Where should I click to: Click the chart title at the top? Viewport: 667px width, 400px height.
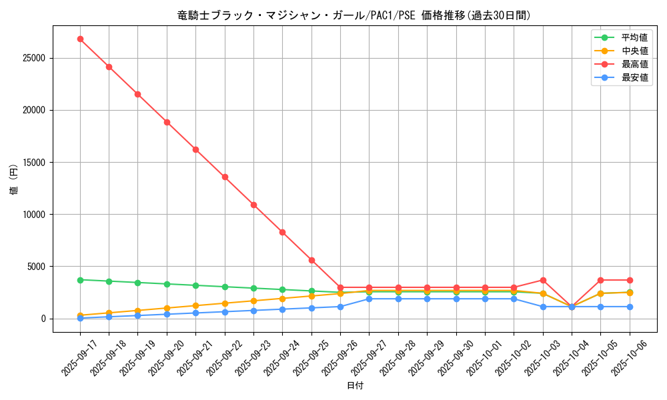click(x=354, y=15)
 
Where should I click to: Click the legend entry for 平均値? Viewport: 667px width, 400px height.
click(x=634, y=37)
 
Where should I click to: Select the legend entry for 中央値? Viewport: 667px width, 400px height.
click(x=634, y=51)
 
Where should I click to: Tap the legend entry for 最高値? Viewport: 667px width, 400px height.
click(x=634, y=64)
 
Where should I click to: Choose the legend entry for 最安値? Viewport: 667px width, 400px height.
click(x=634, y=77)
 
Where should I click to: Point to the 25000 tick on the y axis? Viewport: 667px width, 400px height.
click(x=33, y=58)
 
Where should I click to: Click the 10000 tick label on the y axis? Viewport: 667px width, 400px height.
click(x=33, y=215)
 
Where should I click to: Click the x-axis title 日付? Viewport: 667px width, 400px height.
click(x=354, y=386)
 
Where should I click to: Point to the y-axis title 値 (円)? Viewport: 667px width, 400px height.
click(x=14, y=180)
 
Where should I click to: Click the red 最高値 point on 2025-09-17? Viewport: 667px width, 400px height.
click(x=80, y=39)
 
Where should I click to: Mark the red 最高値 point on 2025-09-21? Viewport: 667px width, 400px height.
click(x=195, y=149)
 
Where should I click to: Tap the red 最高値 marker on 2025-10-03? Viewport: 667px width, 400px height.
click(x=543, y=280)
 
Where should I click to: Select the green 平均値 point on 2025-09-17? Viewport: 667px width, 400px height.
click(x=80, y=280)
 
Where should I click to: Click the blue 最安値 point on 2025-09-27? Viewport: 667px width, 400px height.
click(x=369, y=299)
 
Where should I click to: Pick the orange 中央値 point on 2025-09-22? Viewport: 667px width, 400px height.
click(x=225, y=303)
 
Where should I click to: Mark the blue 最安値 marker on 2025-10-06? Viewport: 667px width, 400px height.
click(x=630, y=307)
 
